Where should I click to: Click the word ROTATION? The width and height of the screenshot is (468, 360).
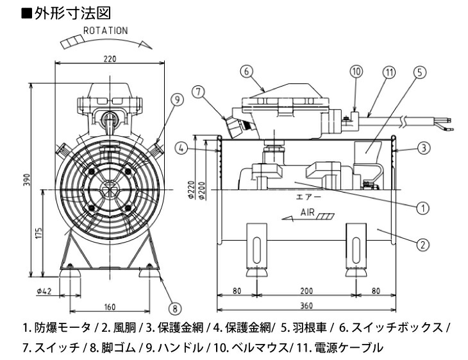105,30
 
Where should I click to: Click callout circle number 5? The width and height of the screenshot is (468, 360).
419,72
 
